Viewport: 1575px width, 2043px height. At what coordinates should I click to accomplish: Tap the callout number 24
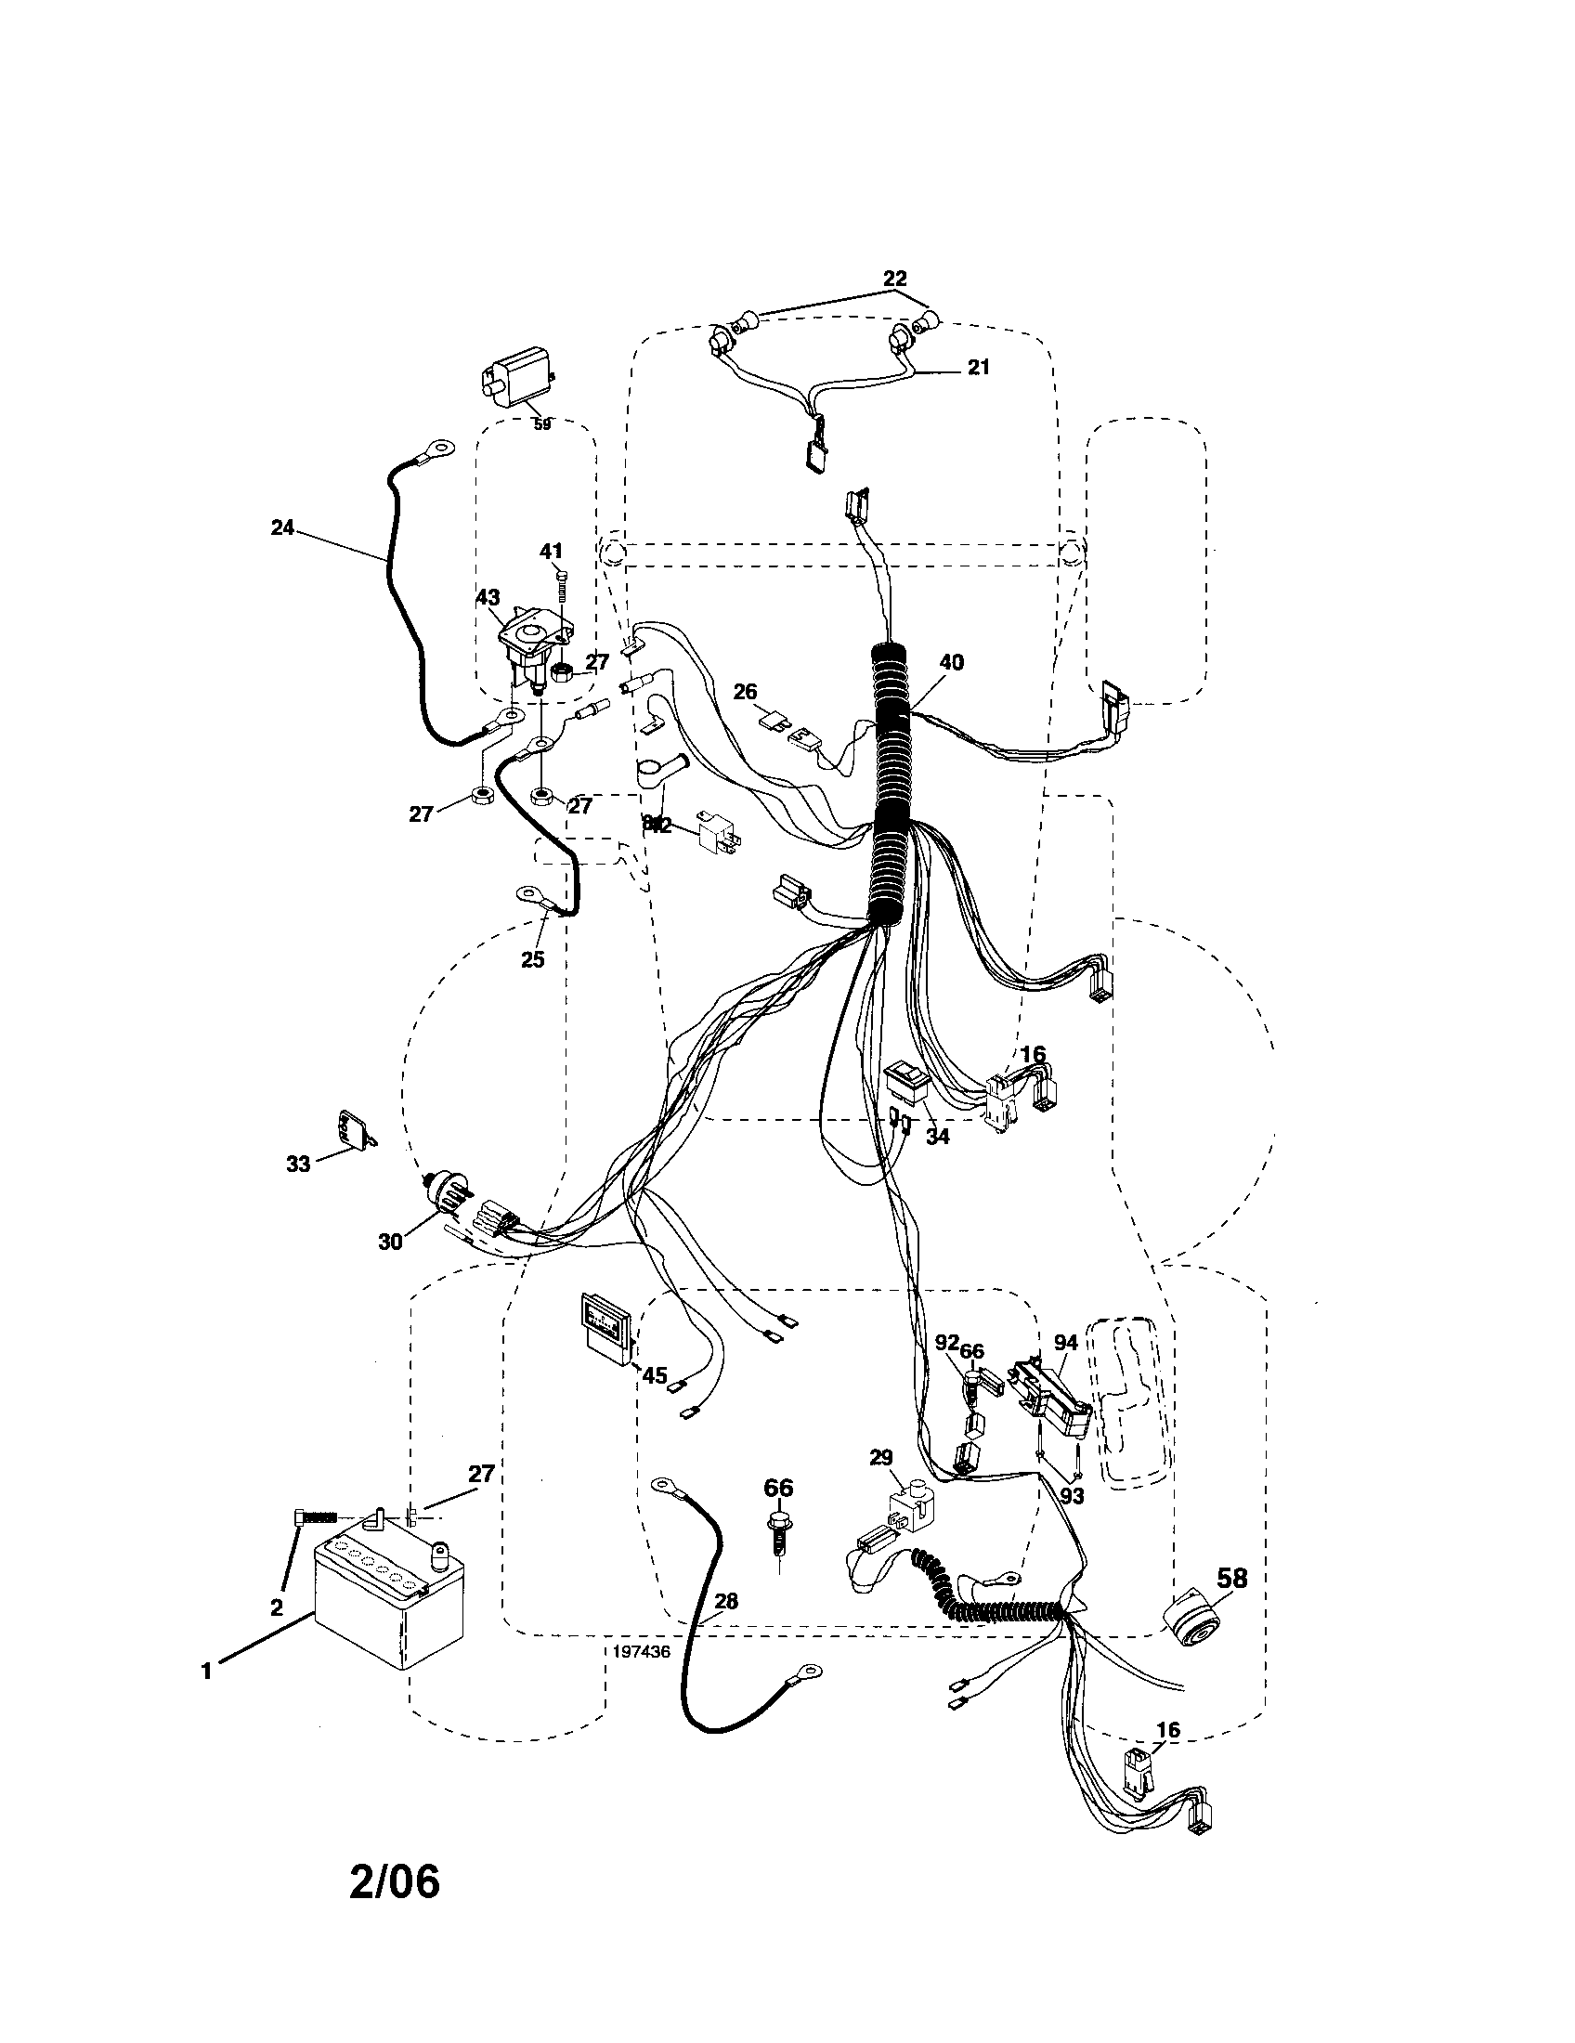point(281,528)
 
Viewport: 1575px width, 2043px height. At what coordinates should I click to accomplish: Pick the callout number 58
point(1231,1579)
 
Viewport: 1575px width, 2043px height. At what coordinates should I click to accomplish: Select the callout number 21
point(977,368)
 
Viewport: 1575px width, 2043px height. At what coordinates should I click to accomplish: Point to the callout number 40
point(951,662)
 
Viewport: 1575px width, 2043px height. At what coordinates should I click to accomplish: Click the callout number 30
point(390,1242)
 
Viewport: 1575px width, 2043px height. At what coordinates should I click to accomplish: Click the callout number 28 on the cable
point(726,1601)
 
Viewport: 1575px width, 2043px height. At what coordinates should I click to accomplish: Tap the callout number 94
point(1065,1344)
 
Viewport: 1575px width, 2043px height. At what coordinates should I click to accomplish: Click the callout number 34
point(936,1137)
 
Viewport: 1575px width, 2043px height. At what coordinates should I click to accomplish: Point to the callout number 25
point(532,960)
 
